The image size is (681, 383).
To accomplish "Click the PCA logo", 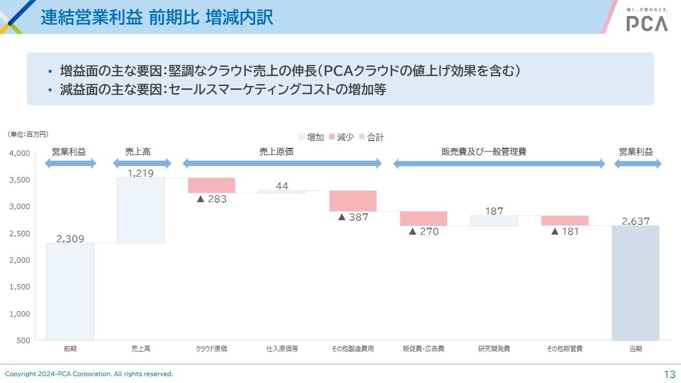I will click(647, 23).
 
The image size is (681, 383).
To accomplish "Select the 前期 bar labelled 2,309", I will click(70, 291).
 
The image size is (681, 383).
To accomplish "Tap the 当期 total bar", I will click(635, 282).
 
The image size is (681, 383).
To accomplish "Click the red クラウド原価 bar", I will click(211, 185).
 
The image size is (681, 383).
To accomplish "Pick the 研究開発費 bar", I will click(494, 221).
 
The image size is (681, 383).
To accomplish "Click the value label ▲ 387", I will click(353, 217).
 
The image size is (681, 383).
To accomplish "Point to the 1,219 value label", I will click(141, 173).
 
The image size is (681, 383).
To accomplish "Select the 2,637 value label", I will click(635, 221).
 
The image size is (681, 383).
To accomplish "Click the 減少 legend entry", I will click(342, 137).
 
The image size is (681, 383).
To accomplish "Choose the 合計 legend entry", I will click(371, 137).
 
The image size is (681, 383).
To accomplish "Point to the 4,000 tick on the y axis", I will click(20, 154).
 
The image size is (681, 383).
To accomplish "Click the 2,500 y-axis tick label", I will click(20, 234).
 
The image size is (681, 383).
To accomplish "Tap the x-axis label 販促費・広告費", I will click(423, 349).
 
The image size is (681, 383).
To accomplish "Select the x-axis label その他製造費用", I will click(353, 349).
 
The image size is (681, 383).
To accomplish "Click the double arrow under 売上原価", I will click(282, 164).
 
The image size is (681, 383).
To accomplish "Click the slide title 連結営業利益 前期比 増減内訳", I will click(157, 18).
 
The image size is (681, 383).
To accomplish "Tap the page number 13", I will click(669, 374).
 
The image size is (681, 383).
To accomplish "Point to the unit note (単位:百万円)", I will click(28, 135).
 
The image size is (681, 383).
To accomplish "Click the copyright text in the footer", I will click(89, 374).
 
